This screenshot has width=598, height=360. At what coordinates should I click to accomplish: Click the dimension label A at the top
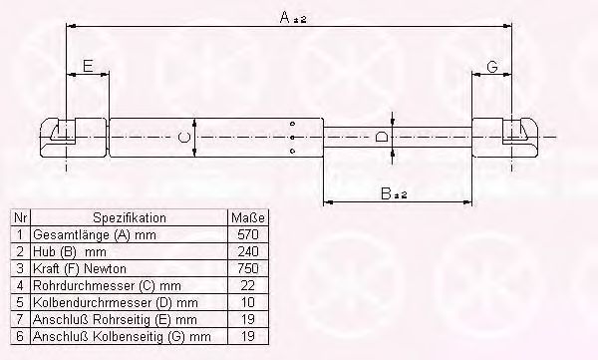pos(292,18)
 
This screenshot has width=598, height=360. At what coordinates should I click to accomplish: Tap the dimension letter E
pos(88,67)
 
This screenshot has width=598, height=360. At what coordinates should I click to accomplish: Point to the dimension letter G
pos(492,67)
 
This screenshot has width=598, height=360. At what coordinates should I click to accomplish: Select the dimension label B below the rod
pos(394,193)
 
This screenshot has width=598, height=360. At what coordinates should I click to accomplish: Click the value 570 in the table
pos(248,234)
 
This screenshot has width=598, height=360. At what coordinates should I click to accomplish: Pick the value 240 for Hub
pos(248,251)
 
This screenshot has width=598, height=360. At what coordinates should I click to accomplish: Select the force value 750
pos(248,268)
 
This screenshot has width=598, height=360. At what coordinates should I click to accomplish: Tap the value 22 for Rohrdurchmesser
pos(248,285)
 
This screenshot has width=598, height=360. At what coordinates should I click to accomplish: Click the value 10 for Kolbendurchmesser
pos(248,302)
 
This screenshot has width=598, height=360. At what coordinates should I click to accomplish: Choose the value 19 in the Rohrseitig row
pos(248,319)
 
